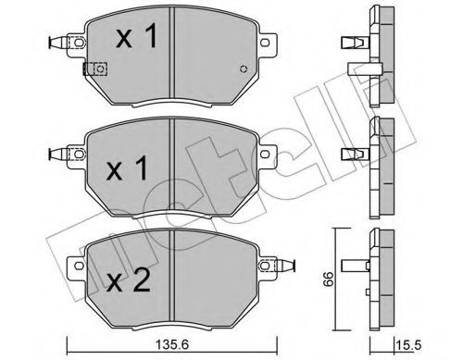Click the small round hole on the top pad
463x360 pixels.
(243, 69)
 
